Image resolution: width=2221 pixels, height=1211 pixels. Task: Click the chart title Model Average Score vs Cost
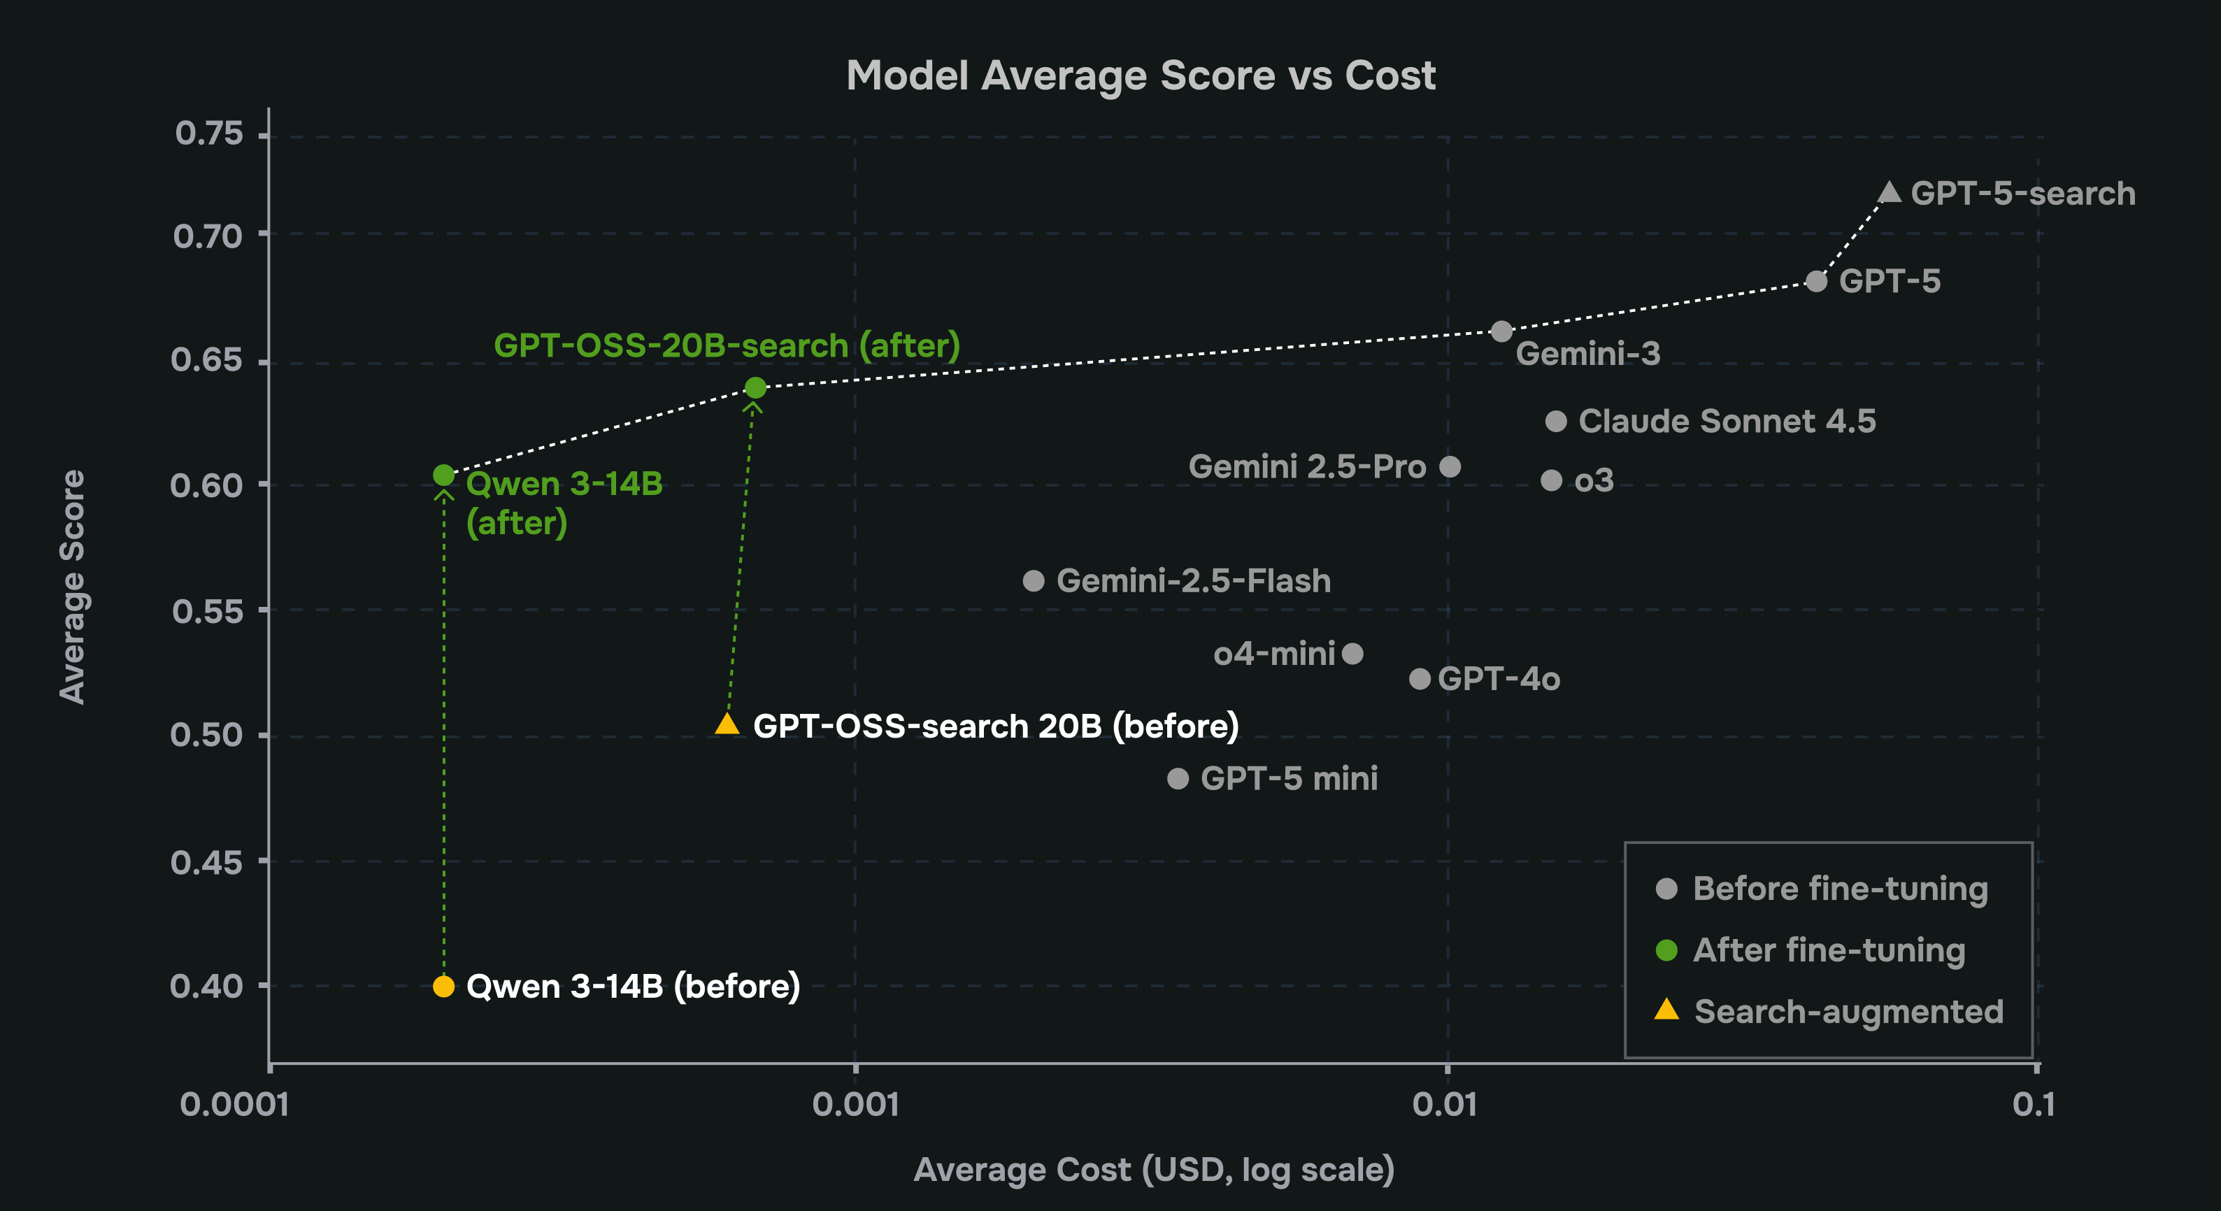coord(1140,76)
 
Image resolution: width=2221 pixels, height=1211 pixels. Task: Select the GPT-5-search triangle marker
coord(1888,192)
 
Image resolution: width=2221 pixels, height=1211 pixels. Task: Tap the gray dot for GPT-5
coord(1816,281)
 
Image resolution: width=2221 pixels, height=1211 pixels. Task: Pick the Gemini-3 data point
coord(1501,331)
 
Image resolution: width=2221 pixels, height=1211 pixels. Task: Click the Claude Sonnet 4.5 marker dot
coord(1555,421)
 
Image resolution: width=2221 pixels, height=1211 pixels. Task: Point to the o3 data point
coord(1551,480)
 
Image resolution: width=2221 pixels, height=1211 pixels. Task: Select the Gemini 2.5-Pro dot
coord(1450,466)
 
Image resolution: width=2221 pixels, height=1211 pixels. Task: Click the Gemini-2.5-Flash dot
coord(1033,581)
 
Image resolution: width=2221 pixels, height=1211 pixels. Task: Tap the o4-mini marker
coord(1352,653)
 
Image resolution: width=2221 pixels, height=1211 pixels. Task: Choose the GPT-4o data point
coord(1419,678)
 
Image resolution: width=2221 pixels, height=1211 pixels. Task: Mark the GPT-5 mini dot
coord(1178,778)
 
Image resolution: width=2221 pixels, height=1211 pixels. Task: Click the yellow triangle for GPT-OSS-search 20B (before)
coord(727,725)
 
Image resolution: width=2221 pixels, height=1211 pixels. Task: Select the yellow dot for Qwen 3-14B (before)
coord(443,986)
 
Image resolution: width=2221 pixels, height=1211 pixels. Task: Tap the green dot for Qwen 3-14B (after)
coord(443,475)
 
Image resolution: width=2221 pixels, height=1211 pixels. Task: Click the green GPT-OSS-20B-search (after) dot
coord(755,388)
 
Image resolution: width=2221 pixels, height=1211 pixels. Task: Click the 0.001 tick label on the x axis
coord(855,1104)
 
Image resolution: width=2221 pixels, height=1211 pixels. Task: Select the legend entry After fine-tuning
coord(1828,950)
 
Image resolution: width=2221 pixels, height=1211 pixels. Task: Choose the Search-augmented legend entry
coord(1848,1011)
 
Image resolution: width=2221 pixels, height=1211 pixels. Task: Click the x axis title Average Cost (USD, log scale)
coord(1154,1170)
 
